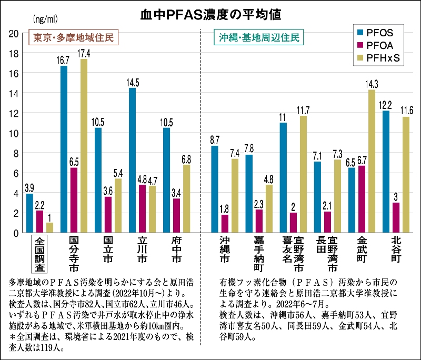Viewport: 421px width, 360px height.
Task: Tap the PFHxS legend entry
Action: point(379,58)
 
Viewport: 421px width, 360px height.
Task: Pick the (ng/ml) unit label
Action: point(45,20)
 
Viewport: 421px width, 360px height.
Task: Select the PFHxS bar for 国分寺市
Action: point(84,145)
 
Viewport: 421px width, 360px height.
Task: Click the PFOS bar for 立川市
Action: point(132,160)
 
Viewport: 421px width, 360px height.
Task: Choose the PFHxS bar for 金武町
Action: point(372,161)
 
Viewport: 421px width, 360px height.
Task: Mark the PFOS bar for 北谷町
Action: point(386,172)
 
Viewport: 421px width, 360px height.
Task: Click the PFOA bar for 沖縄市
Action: point(225,224)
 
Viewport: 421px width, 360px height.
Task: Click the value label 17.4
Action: point(84,54)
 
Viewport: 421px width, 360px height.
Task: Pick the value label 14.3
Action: point(372,85)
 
